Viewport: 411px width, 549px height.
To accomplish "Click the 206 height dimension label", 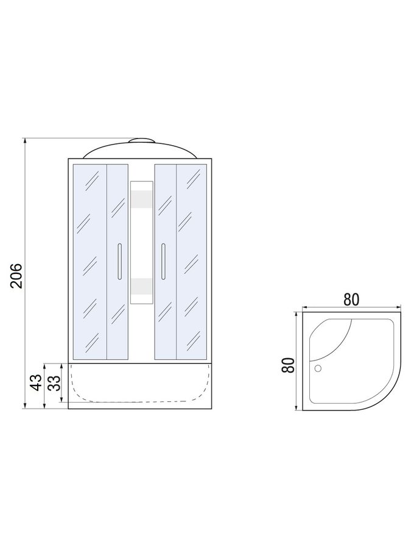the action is pos(16,276).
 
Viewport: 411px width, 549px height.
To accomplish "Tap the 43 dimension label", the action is pos(36,382).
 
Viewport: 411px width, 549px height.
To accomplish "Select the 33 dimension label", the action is pos(54,382).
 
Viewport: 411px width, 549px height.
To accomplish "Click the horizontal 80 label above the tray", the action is pos(351,300).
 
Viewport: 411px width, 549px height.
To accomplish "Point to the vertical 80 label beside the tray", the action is pos(289,365).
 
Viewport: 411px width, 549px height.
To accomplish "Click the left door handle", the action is pos(119,261).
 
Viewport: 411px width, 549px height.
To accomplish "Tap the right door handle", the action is pos(163,262).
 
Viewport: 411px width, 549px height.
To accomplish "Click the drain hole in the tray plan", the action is pos(318,368).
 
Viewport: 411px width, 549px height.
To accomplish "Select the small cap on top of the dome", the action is pos(141,141).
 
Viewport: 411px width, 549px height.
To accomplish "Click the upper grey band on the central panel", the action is pos(141,198).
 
